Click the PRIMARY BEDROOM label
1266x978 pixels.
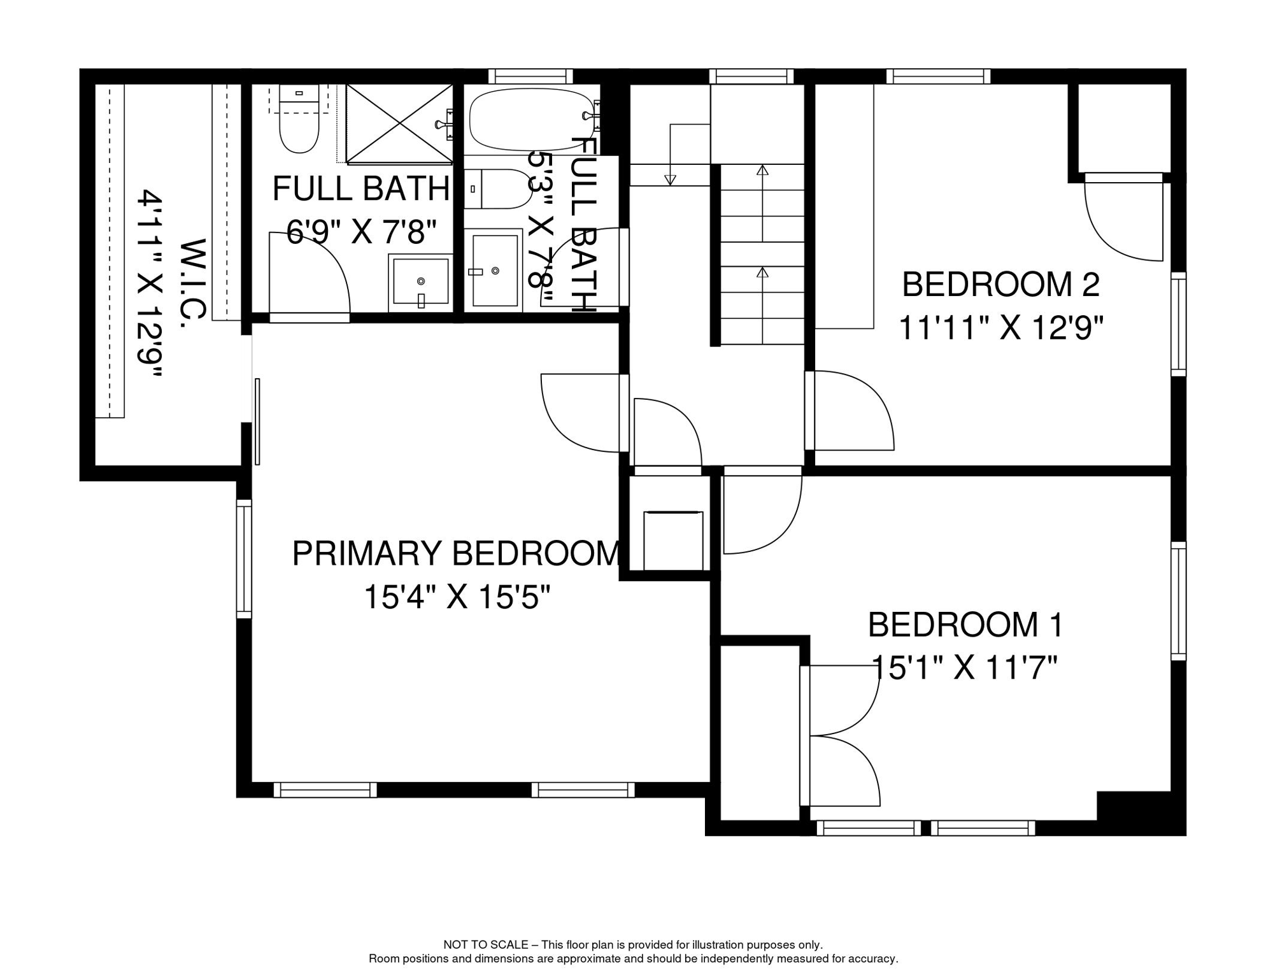coord(456,553)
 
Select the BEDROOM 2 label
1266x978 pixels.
coord(1000,285)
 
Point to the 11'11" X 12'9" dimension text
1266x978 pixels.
coord(1000,329)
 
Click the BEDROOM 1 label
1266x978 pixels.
coord(965,625)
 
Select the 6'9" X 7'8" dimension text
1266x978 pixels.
coord(362,232)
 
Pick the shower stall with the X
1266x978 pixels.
coord(399,124)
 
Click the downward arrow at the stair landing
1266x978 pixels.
coord(670,180)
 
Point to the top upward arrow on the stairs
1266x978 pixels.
coord(762,171)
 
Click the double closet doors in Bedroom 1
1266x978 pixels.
coord(841,735)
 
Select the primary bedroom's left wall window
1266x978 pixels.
coord(244,558)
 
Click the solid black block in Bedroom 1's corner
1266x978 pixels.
coord(1137,810)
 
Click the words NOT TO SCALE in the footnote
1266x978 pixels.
coord(485,945)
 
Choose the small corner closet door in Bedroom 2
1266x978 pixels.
coord(1124,220)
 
